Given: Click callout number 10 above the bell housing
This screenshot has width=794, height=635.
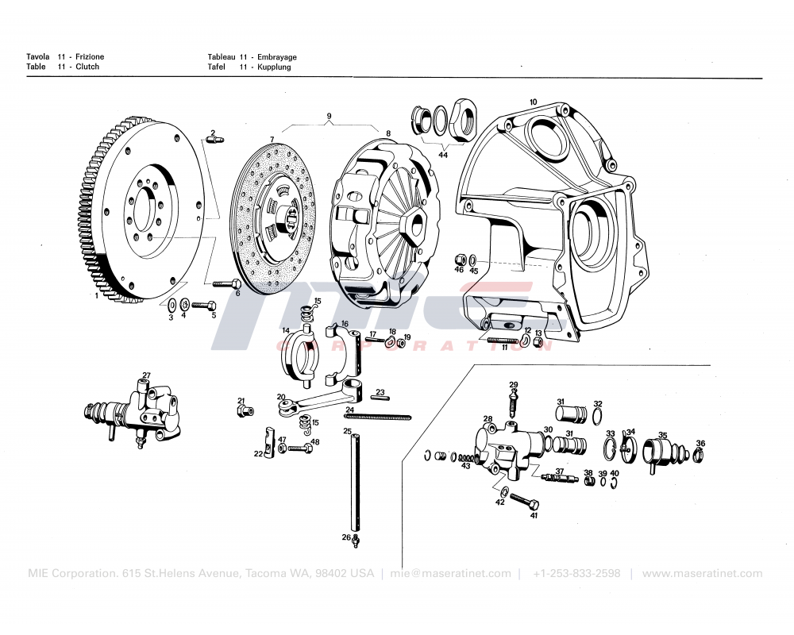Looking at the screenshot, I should (533, 102).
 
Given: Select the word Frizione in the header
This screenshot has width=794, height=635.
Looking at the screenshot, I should (90, 57).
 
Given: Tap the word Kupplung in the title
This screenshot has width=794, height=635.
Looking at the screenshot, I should (274, 67).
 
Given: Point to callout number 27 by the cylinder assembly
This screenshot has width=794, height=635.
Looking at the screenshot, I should (146, 375).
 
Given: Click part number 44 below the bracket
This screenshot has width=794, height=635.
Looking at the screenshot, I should (443, 155).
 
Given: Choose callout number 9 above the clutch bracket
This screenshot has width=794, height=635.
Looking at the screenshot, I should (329, 117).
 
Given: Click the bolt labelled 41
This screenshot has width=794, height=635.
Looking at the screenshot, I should (525, 502).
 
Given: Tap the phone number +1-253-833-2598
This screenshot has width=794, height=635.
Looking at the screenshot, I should (576, 573).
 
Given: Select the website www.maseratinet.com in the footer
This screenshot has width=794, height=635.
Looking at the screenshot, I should (702, 573).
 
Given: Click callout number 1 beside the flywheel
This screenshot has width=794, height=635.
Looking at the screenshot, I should (97, 295).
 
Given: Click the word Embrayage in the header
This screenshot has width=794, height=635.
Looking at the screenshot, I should (277, 57).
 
